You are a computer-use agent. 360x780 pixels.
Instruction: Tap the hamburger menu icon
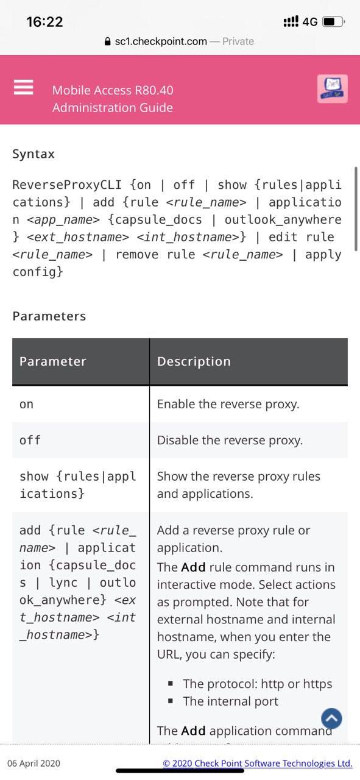click(23, 87)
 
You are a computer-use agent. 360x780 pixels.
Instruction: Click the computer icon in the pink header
click(332, 89)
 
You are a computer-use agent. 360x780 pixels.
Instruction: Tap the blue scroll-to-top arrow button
click(331, 718)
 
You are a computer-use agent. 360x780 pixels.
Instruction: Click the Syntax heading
click(34, 154)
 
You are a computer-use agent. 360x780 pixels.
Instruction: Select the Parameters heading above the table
click(49, 316)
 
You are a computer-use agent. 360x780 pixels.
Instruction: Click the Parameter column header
click(52, 361)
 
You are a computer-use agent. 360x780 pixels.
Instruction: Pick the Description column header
click(194, 361)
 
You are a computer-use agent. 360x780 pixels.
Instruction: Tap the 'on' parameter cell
click(26, 404)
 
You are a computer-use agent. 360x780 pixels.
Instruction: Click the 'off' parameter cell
click(30, 440)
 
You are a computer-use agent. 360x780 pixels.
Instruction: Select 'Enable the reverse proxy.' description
click(228, 404)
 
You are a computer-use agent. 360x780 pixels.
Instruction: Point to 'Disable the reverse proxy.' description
click(230, 441)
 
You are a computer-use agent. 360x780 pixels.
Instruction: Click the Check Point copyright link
click(258, 764)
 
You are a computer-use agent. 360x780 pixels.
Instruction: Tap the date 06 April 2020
click(34, 764)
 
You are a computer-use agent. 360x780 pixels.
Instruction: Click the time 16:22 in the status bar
click(44, 22)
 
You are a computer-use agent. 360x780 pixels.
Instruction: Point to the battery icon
click(334, 21)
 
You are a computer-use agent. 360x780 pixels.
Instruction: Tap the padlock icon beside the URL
click(108, 41)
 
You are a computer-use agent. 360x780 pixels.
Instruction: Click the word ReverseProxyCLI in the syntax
click(67, 185)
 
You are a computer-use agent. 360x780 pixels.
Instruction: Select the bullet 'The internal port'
click(230, 701)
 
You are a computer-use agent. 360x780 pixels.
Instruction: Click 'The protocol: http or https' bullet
click(258, 684)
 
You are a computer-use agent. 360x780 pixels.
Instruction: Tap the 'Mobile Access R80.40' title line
click(113, 90)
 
